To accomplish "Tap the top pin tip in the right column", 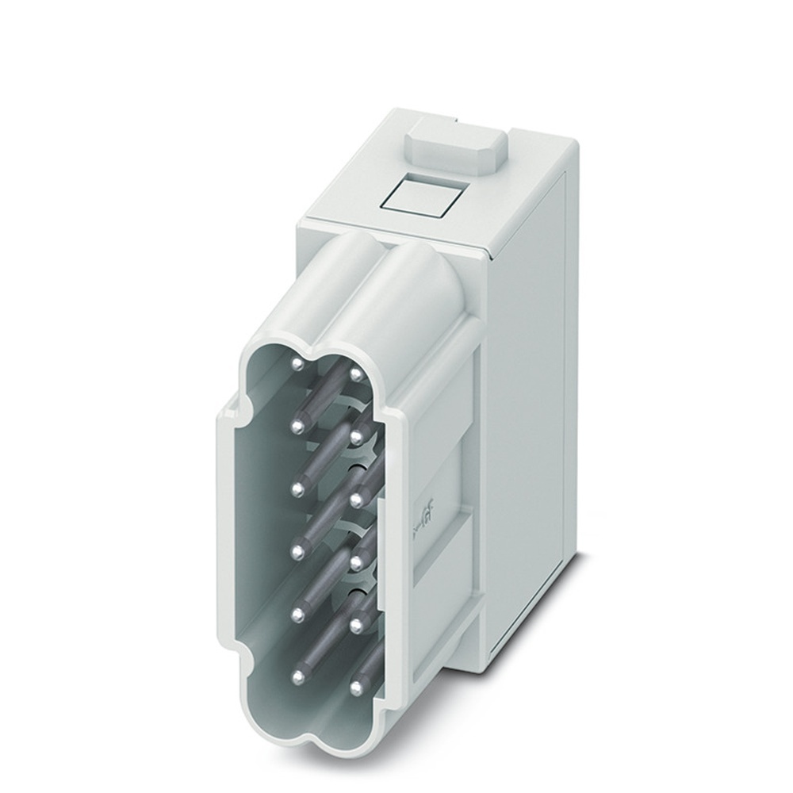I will coord(357,374).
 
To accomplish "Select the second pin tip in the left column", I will coord(297,427).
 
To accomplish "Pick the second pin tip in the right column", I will coord(358,435).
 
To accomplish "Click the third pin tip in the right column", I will coord(358,498).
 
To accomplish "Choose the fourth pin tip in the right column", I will coord(358,561).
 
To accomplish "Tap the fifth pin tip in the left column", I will coord(298,613).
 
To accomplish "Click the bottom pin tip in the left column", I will coord(298,676).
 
